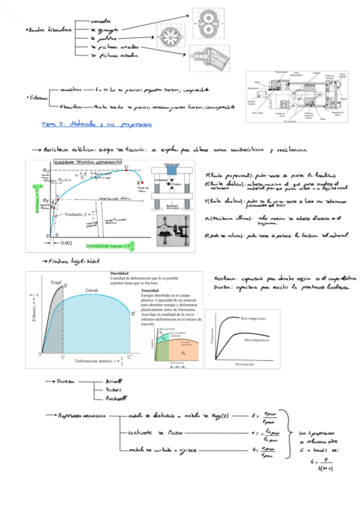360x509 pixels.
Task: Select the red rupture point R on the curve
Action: pos(142,181)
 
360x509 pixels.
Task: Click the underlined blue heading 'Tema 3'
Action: pos(53,125)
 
